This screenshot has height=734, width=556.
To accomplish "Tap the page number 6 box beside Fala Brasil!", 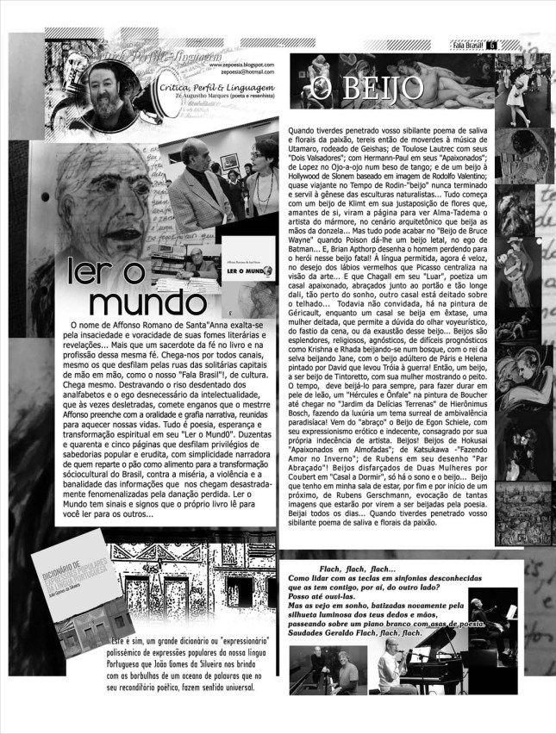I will (492, 45).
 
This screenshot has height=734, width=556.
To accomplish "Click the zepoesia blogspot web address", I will (241, 64).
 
